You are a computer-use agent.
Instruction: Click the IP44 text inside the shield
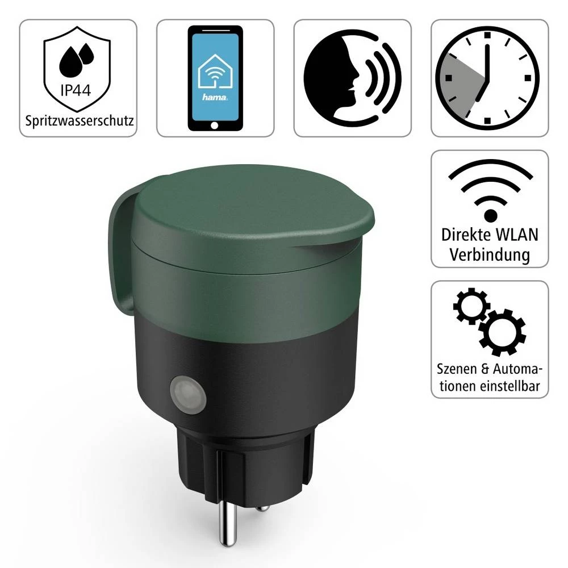tap(78, 90)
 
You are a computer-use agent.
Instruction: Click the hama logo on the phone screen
tap(215, 97)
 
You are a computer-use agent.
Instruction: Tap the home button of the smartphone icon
tap(215, 125)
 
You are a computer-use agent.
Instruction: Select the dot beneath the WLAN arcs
tap(490, 215)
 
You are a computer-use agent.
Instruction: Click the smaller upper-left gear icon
tap(471, 307)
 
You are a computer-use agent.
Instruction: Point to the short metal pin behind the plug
tap(262, 508)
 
